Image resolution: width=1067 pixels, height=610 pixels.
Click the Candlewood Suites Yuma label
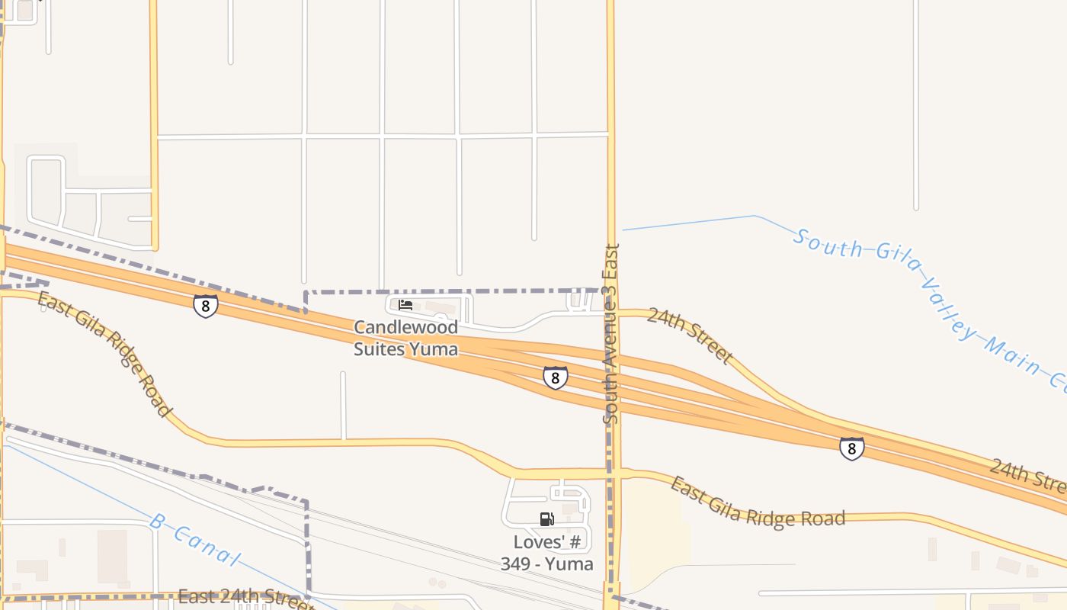tap(405, 338)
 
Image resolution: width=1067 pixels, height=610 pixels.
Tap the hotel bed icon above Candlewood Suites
tap(405, 305)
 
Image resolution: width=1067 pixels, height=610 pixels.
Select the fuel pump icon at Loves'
tap(546, 519)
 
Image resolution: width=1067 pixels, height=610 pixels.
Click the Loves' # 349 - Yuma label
tap(546, 554)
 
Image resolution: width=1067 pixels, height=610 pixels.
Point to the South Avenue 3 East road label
tap(610, 333)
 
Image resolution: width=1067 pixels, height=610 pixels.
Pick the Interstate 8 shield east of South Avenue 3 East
tap(851, 448)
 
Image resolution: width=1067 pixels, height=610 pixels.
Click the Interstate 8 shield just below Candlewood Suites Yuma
tap(556, 377)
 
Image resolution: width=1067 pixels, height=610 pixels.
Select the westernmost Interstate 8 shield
tap(205, 306)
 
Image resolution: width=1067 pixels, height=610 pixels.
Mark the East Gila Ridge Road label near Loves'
tap(758, 503)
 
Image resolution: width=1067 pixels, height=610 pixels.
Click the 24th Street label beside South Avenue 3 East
tap(689, 335)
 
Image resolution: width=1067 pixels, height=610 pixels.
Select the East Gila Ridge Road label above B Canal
tap(104, 354)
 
